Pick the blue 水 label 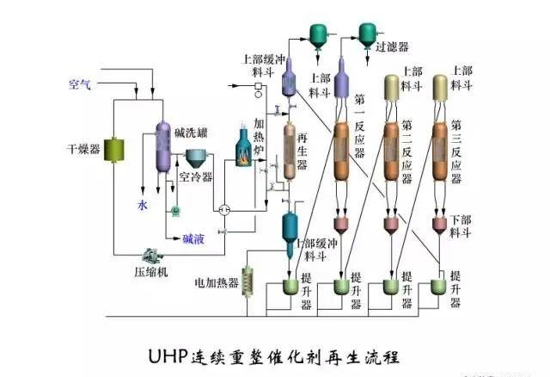tap(142, 205)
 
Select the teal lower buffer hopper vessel tap(291, 226)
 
